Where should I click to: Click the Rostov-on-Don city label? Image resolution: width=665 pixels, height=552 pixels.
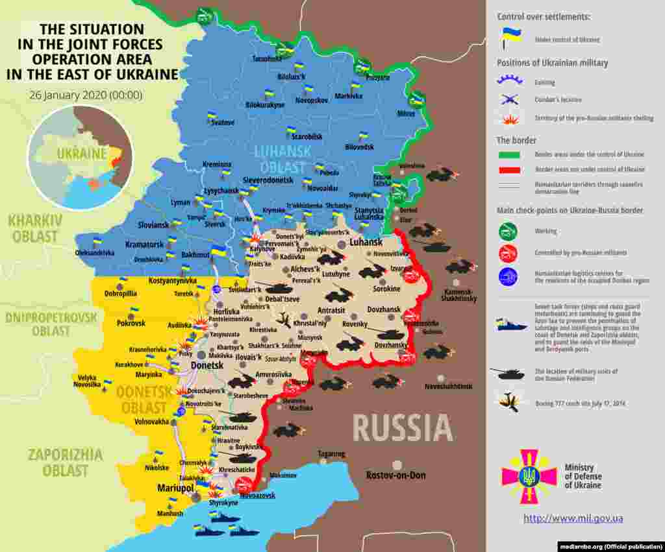[x=395, y=475]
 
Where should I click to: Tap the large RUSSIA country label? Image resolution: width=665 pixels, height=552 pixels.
[x=403, y=428]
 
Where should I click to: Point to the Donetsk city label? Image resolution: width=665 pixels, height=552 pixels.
[x=207, y=366]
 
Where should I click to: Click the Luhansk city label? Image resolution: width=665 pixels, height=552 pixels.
[x=366, y=242]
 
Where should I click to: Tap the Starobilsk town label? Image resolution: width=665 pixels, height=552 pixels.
[x=307, y=138]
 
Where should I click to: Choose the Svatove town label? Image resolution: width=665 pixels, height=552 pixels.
[x=223, y=123]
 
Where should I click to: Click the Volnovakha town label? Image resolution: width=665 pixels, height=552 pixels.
[x=151, y=422]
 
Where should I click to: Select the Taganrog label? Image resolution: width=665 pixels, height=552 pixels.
[x=331, y=454]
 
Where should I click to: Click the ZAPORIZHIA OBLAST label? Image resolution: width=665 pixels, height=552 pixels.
[x=65, y=462]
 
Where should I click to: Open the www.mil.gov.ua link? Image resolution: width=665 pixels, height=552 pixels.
[x=573, y=518]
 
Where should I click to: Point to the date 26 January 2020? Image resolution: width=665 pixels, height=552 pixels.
[x=85, y=95]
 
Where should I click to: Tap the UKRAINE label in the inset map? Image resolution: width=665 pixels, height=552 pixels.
[x=81, y=154]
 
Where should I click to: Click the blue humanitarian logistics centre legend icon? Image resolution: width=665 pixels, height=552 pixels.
[x=508, y=277]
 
